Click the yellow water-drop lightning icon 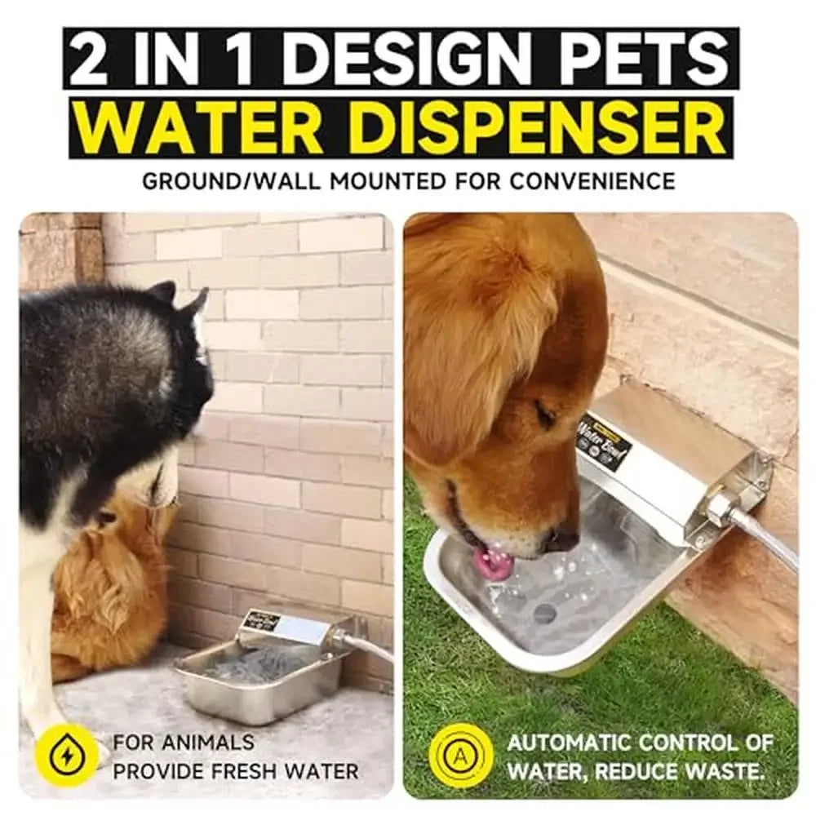point(66,756)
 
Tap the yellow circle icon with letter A point(461,756)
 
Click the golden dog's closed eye point(545,415)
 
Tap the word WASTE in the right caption point(728,770)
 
